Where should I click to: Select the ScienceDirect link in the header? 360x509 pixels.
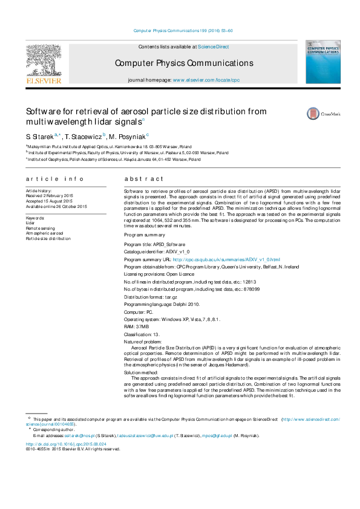pyautogui.click(x=214, y=47)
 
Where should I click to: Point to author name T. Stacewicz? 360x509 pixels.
pyautogui.click(x=84, y=137)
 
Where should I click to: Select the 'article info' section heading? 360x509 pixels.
pyautogui.click(x=54, y=180)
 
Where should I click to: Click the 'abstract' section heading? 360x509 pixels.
pyautogui.click(x=144, y=180)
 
